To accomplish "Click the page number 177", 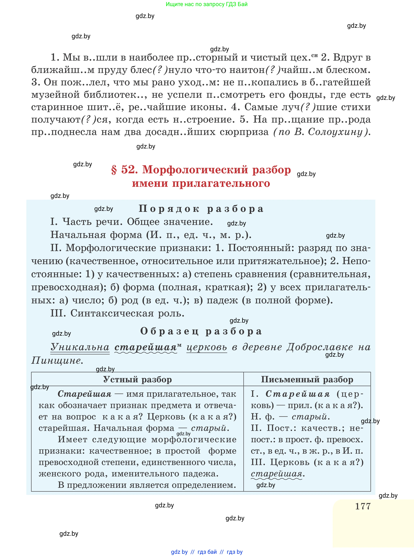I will [363, 506].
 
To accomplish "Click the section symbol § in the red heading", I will [114, 170].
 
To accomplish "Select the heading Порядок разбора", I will [201, 209].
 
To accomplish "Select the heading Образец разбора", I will [201, 331].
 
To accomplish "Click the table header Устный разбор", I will [137, 379].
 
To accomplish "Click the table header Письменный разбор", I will [307, 379].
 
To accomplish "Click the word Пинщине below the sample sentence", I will [56, 360].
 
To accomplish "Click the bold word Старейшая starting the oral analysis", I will [85, 394].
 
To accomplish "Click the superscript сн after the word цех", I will [315, 55].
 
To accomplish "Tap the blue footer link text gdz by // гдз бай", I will [194, 552].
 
